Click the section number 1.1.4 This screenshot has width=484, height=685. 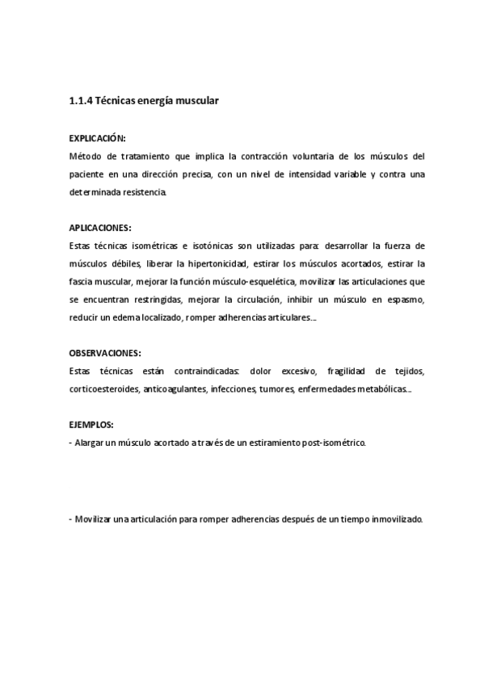click(81, 101)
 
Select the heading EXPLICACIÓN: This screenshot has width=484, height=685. click(98, 139)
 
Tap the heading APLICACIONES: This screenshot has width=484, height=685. click(100, 229)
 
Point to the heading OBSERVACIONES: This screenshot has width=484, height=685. click(105, 353)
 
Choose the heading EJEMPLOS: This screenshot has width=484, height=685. click(91, 425)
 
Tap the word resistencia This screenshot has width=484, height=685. click(145, 193)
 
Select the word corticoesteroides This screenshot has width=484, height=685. click(103, 389)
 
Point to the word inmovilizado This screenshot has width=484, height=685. click(394, 519)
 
